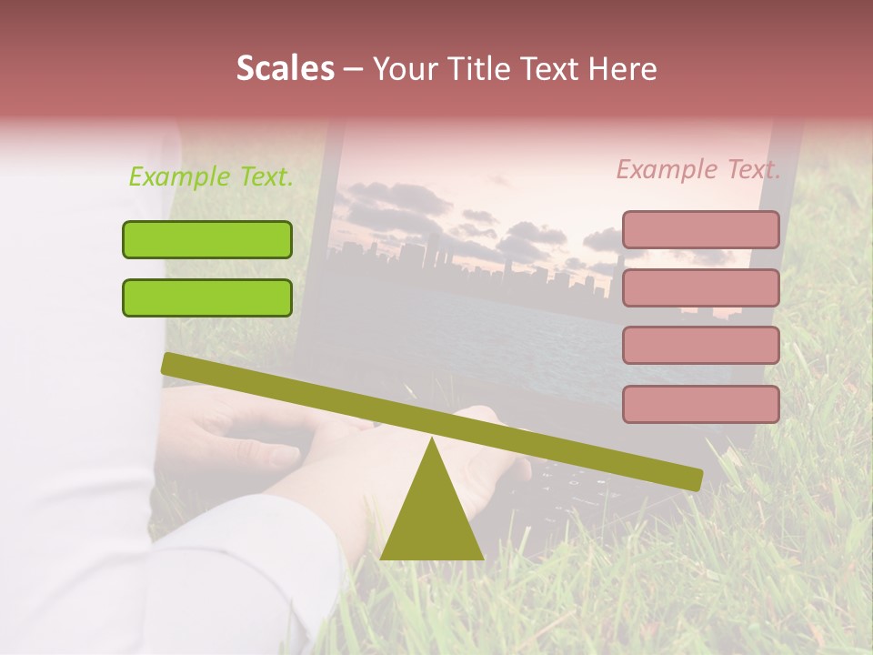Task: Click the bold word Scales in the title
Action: pyautogui.click(x=285, y=69)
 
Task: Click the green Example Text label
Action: pyautogui.click(x=211, y=176)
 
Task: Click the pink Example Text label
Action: pyautogui.click(x=698, y=169)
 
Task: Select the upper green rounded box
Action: pyautogui.click(x=207, y=239)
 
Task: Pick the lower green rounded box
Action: pyautogui.click(x=207, y=297)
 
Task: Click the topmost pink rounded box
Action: pyautogui.click(x=700, y=229)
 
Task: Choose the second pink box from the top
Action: pyautogui.click(x=700, y=287)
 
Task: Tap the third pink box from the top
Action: pyautogui.click(x=700, y=345)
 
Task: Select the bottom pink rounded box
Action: pyautogui.click(x=700, y=404)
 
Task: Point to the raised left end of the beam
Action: pyautogui.click(x=173, y=364)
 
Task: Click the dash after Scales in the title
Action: pyautogui.click(x=354, y=69)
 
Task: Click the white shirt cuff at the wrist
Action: pyautogui.click(x=246, y=546)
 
